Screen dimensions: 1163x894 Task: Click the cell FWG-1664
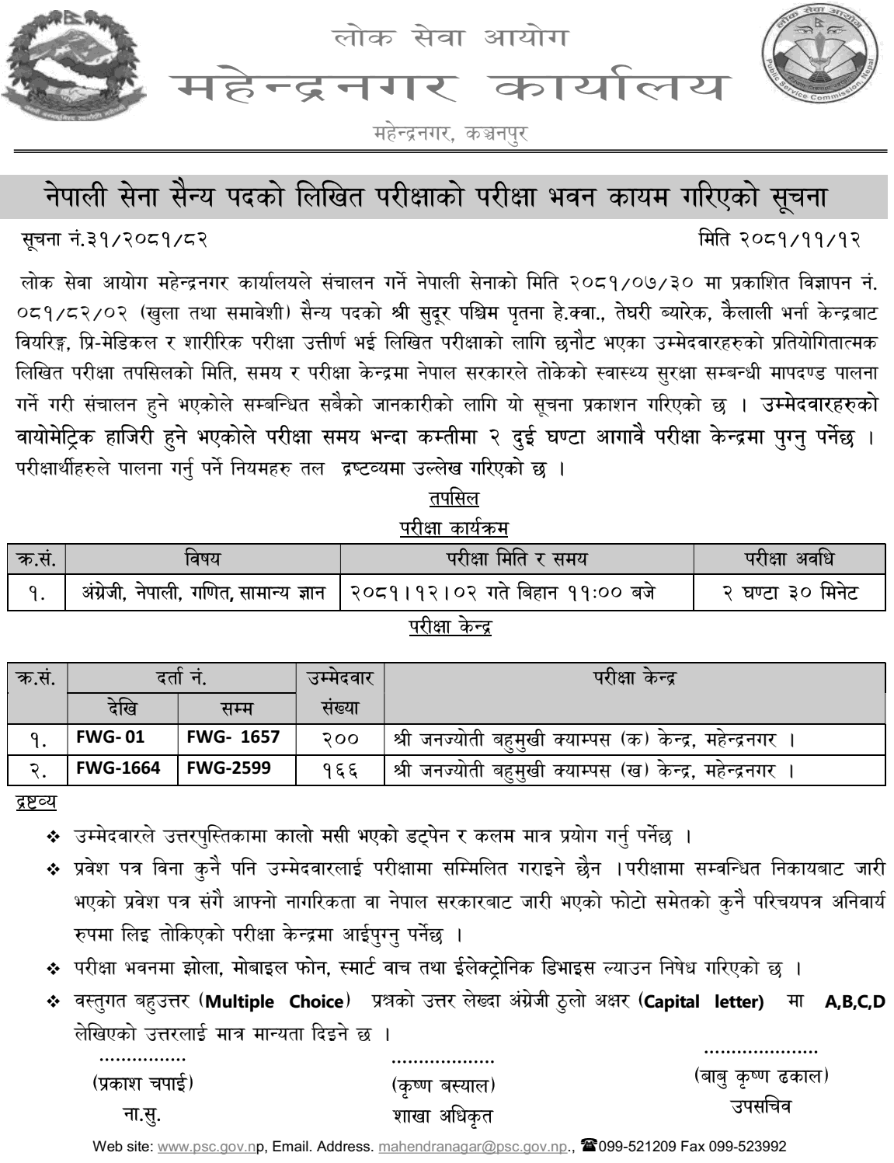[x=117, y=769]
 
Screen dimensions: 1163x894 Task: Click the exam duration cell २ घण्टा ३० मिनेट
[x=789, y=594]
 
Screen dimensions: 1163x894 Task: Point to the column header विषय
[x=202, y=559]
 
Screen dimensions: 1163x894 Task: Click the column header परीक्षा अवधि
[x=789, y=559]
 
